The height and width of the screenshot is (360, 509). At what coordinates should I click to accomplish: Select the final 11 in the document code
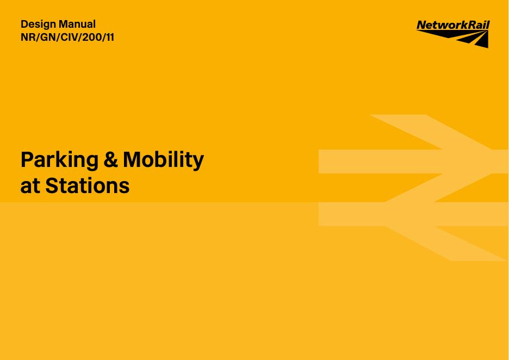pyautogui.click(x=110, y=38)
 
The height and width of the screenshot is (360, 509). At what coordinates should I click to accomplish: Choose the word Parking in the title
pyautogui.click(x=59, y=160)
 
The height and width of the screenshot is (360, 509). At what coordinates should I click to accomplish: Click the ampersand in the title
pyautogui.click(x=111, y=159)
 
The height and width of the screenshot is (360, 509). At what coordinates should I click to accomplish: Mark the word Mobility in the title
pyautogui.click(x=163, y=160)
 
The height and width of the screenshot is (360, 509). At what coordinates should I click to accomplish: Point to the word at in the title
pyautogui.click(x=30, y=186)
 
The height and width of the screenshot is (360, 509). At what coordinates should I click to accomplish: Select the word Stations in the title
pyautogui.click(x=88, y=185)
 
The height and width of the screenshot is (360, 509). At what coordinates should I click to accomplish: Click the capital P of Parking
pyautogui.click(x=28, y=159)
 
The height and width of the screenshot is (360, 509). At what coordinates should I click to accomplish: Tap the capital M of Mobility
pyautogui.click(x=133, y=159)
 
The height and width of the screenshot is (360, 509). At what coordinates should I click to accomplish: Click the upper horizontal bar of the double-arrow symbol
pyautogui.click(x=413, y=162)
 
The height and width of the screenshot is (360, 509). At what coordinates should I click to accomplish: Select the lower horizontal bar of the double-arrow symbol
pyautogui.click(x=413, y=214)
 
